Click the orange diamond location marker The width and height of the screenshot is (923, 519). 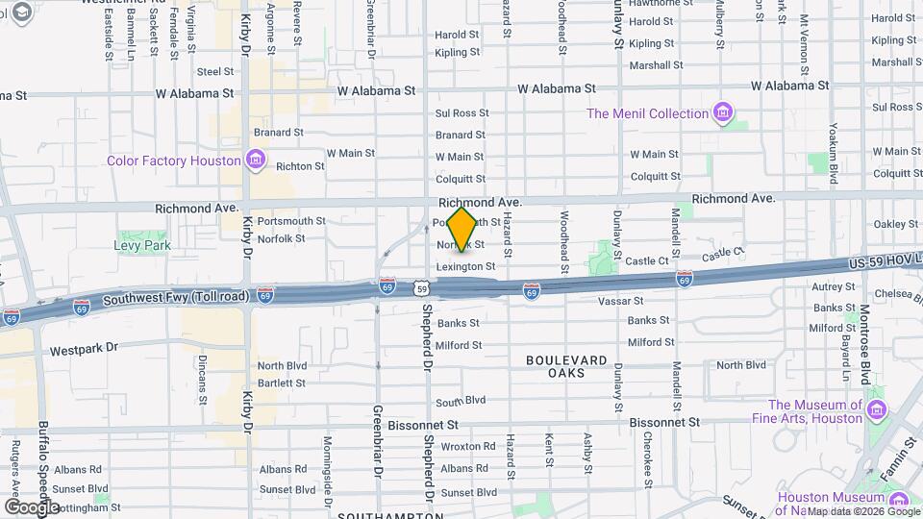pyautogui.click(x=462, y=230)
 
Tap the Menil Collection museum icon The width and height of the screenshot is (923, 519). pyautogui.click(x=723, y=114)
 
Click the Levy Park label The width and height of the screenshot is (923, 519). pyautogui.click(x=142, y=246)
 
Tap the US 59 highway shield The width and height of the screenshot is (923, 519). pyautogui.click(x=422, y=287)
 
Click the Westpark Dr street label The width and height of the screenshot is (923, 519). pyautogui.click(x=84, y=348)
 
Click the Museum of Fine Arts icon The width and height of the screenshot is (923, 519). pyautogui.click(x=876, y=411)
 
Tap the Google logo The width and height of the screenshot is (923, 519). pyautogui.click(x=31, y=507)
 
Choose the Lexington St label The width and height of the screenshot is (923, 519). pyautogui.click(x=465, y=266)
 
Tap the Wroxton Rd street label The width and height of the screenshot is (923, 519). pyautogui.click(x=468, y=447)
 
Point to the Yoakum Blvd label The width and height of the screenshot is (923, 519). pyautogui.click(x=834, y=153)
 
